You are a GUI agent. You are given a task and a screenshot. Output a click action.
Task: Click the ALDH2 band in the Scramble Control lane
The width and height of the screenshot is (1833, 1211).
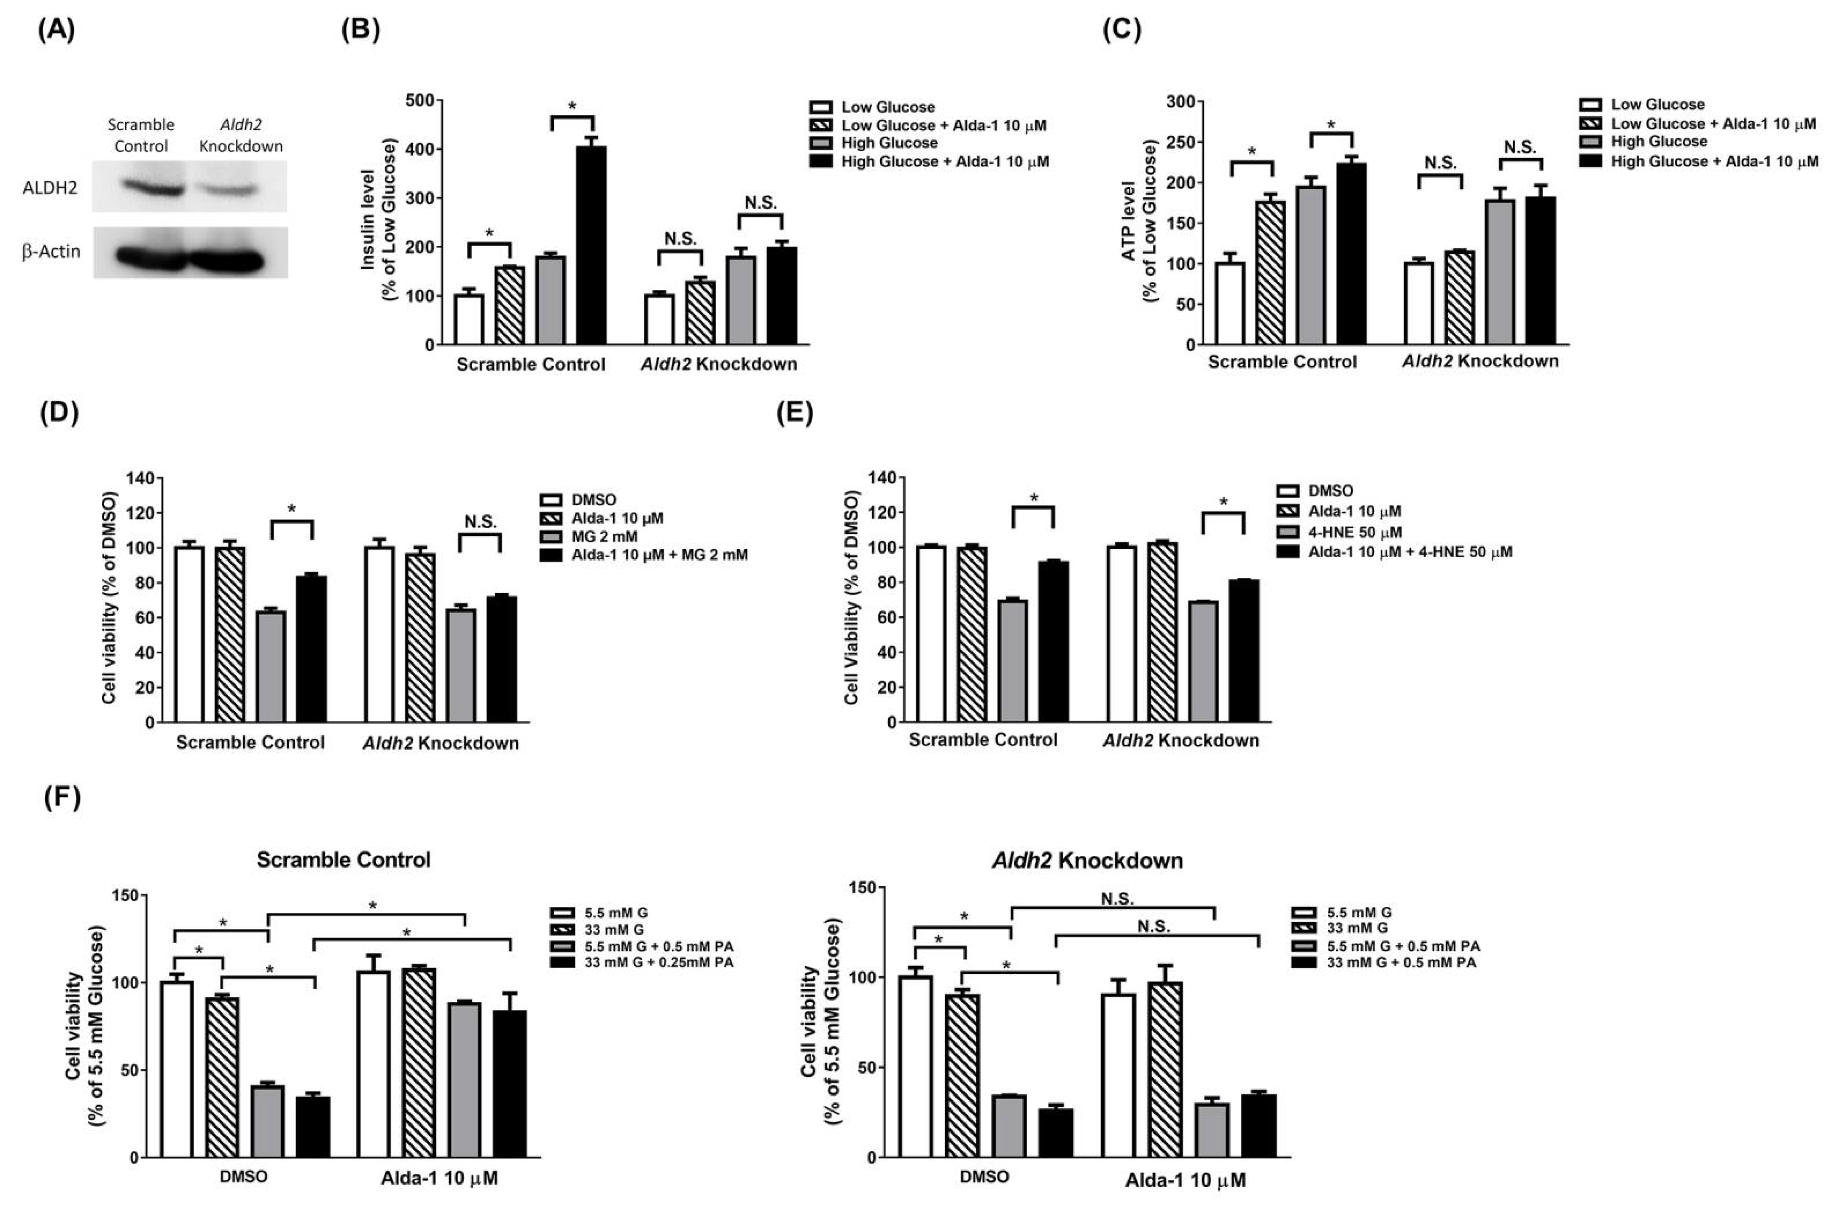[x=141, y=187]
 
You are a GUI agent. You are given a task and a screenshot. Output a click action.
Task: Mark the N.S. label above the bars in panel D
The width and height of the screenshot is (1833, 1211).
[x=480, y=522]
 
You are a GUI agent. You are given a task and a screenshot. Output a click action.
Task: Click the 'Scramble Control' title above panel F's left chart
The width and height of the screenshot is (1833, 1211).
[x=344, y=860]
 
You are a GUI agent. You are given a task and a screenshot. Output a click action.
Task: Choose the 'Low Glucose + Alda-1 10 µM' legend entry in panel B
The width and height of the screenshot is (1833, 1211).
[x=943, y=125]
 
